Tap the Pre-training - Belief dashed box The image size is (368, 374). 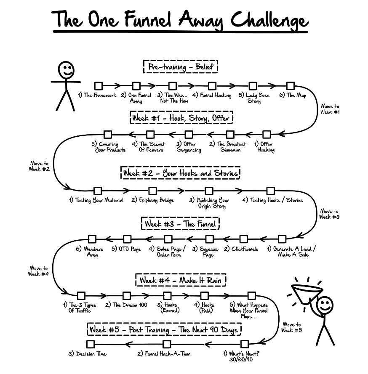coord(181,67)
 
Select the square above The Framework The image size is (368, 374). coord(99,86)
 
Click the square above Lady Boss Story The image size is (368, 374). coord(253,86)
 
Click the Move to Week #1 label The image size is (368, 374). coord(330,109)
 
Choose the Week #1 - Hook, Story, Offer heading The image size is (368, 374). coord(181,118)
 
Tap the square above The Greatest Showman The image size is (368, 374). coord(230,135)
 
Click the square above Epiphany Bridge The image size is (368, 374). coord(152,191)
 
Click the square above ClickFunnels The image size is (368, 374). coord(244,239)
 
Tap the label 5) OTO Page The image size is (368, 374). coord(126,249)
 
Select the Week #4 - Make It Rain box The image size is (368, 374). coord(181,280)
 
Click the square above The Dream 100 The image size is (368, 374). coord(127,296)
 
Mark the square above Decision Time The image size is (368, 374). coord(90,344)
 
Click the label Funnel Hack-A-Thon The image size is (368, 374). coord(164,354)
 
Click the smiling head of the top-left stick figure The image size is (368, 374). coord(66,69)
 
